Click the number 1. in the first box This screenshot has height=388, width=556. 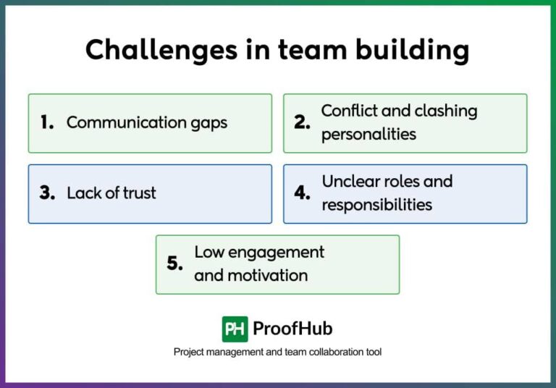tap(48, 122)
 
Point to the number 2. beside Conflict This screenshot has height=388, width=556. tap(302, 122)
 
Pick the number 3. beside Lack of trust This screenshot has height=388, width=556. tap(48, 193)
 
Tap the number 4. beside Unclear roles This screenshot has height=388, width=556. tap(303, 193)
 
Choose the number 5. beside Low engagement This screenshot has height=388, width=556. tap(175, 263)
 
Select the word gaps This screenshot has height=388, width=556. tap(208, 123)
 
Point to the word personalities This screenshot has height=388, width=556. tap(368, 135)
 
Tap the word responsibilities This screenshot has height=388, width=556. tap(376, 205)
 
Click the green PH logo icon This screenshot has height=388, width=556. tap(235, 329)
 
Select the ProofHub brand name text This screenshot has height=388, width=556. tap(292, 329)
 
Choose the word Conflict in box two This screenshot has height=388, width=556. tap(349, 111)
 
